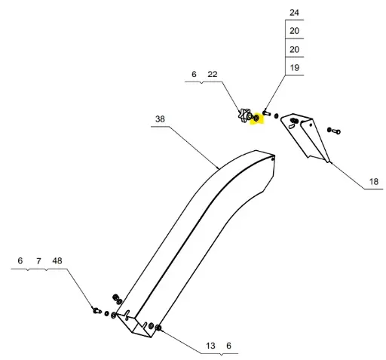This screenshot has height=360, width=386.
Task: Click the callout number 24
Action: click(294, 13)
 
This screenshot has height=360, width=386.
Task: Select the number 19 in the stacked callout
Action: click(294, 67)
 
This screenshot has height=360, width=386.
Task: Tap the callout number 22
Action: click(213, 74)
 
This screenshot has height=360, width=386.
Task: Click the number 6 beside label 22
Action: click(194, 74)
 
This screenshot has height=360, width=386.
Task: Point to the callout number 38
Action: click(160, 118)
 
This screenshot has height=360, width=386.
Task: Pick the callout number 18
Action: click(374, 181)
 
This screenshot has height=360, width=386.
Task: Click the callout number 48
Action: click(57, 260)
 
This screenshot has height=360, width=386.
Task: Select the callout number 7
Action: click(38, 261)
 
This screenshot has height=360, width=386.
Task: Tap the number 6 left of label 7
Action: click(20, 260)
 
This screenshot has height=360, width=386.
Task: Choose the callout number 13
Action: click(210, 346)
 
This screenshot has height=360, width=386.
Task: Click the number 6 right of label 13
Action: click(228, 346)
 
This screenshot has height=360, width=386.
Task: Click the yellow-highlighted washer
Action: click(256, 118)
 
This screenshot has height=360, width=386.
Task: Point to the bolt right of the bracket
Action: click(334, 131)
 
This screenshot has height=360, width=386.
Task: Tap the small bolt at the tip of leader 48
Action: click(96, 311)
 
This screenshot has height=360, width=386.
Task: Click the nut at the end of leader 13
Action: click(158, 328)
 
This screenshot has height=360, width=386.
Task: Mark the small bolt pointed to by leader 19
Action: click(266, 112)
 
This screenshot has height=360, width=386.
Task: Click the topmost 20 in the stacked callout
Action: click(294, 31)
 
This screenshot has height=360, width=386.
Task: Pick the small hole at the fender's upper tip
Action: click(273, 158)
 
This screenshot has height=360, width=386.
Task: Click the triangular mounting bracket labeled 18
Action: click(305, 137)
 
